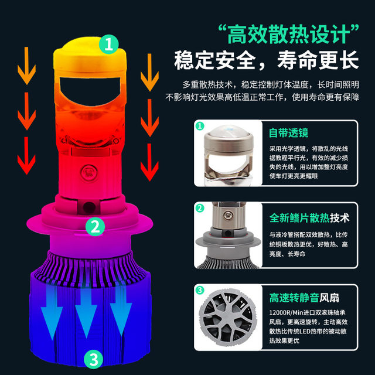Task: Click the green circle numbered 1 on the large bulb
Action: pyautogui.click(x=108, y=42)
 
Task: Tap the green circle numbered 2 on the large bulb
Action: pyautogui.click(x=95, y=225)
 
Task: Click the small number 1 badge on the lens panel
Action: pyautogui.click(x=200, y=127)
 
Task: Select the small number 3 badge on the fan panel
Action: pyautogui.click(x=200, y=289)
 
